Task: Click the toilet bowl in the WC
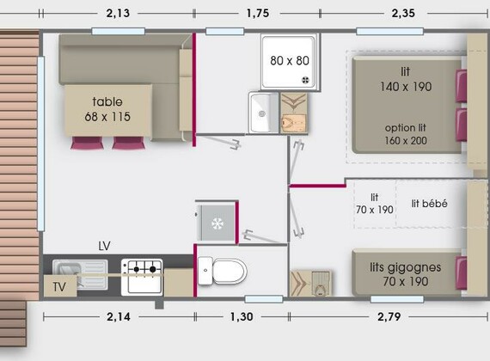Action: (223, 272)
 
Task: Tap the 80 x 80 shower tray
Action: (289, 62)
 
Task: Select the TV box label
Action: (59, 286)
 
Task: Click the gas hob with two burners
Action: (142, 277)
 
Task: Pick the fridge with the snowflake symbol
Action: (217, 223)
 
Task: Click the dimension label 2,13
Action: (118, 14)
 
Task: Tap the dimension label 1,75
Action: (258, 14)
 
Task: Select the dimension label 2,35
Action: (403, 14)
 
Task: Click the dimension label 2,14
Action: (119, 317)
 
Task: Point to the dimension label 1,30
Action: (242, 317)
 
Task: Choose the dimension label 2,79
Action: (389, 317)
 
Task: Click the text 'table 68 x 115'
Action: (107, 109)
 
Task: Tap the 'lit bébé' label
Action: (429, 204)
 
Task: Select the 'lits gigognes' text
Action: (405, 267)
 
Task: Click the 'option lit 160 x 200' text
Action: (406, 134)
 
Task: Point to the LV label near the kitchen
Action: (104, 247)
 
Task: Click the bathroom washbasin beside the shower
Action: (263, 113)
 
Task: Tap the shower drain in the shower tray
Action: (305, 80)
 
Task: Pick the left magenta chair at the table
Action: (87, 144)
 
